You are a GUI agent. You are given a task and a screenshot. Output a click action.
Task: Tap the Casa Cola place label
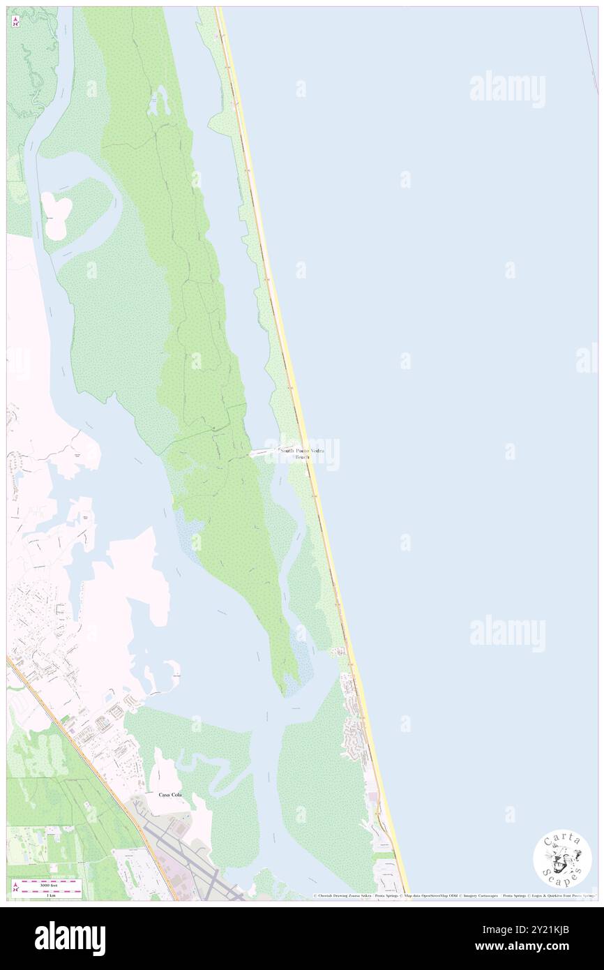pos(169,795)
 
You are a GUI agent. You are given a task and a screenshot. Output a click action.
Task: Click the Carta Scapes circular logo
pos(562,859)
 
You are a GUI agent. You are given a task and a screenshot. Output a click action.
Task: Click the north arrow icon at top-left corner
pos(15,22)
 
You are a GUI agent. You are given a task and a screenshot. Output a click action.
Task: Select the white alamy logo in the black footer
pos(70,939)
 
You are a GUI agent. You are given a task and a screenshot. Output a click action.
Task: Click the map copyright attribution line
pos(453,895)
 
